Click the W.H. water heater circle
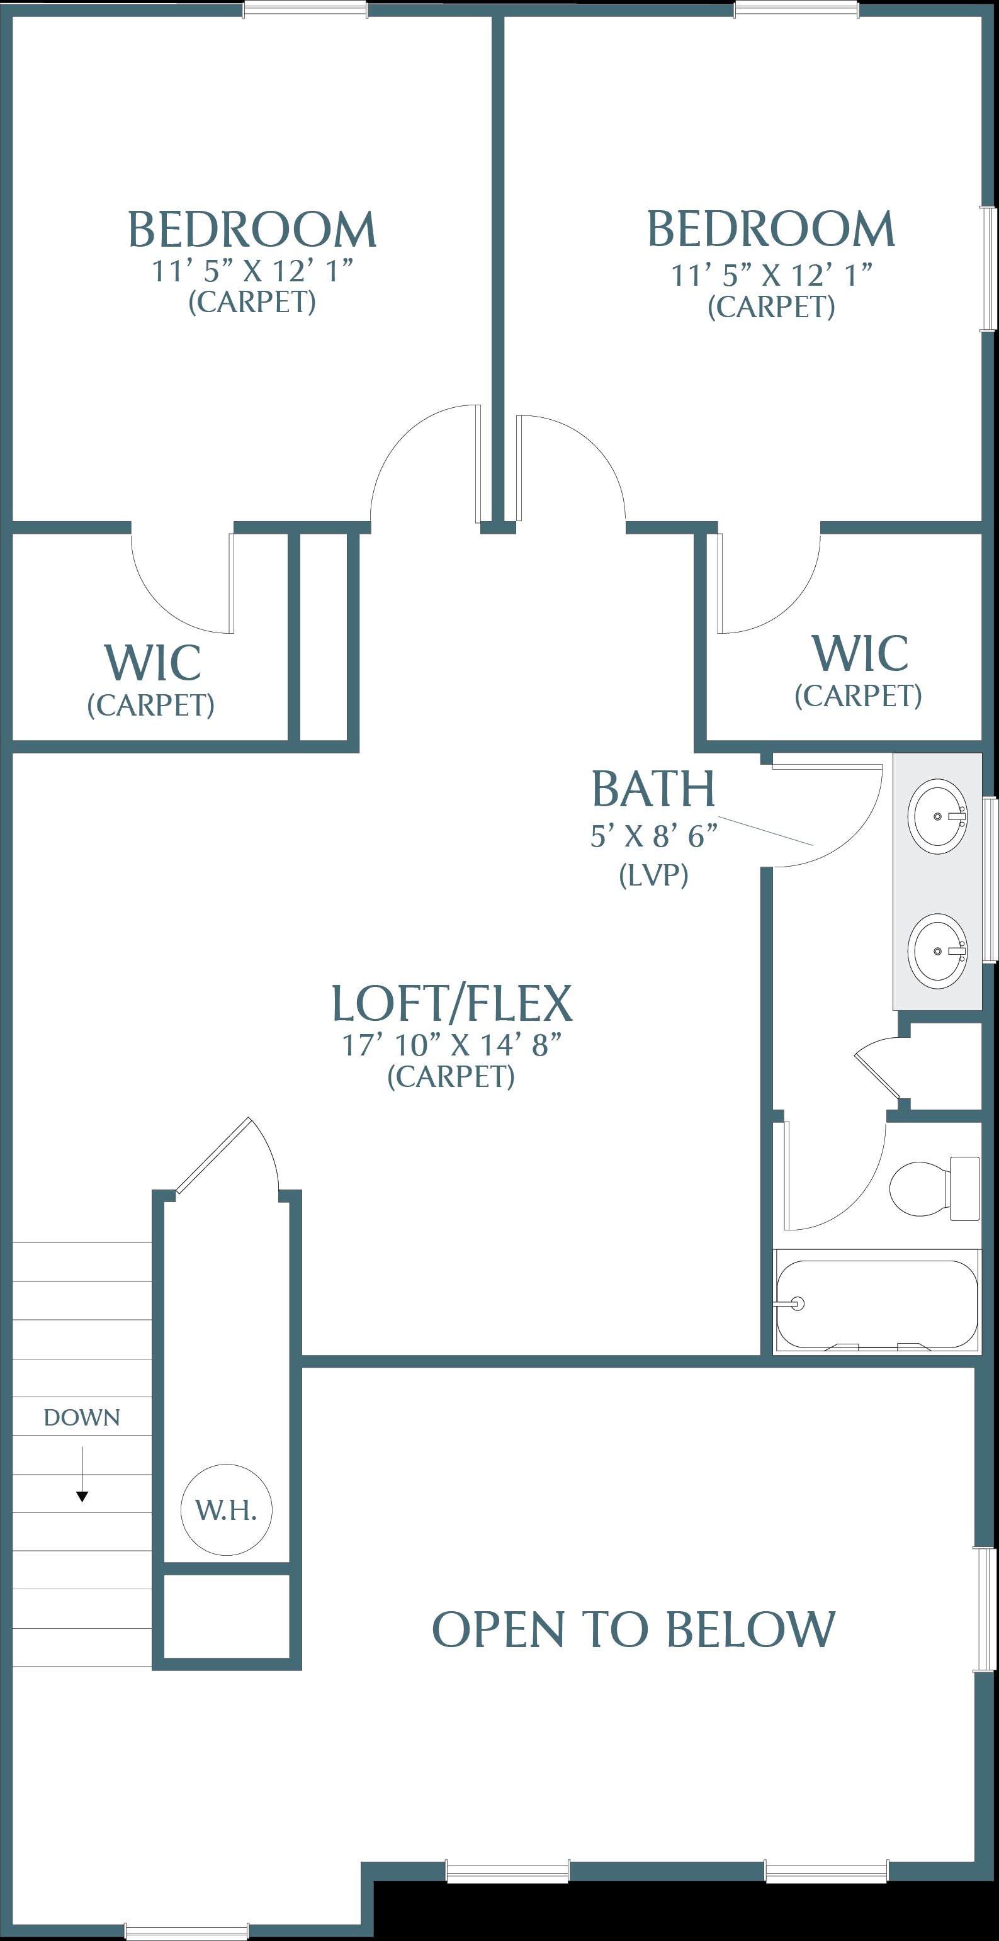226,1509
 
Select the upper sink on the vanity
937,817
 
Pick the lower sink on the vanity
937,951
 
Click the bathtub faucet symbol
796,1303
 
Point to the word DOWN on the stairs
81,1417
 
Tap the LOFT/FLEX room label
452,1004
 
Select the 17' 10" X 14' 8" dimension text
452,1045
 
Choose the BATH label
653,790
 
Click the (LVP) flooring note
653,875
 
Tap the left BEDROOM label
252,230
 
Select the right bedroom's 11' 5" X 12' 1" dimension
772,275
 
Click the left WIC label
152,663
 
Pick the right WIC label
860,653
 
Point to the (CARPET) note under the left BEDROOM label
252,302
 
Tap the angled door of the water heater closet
213,1155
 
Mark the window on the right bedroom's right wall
988,267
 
